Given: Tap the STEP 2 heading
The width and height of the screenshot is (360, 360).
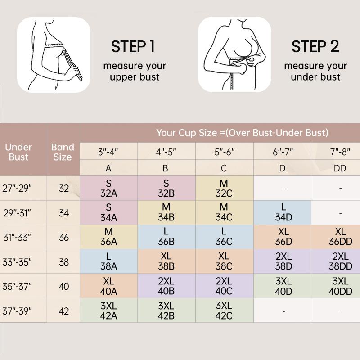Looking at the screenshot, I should click(x=315, y=46).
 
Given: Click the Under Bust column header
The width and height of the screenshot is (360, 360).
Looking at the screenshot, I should click(x=18, y=152).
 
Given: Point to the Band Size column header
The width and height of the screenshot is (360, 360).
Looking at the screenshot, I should click(x=63, y=152).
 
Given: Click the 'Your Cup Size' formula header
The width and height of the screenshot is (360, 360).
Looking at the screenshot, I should click(x=242, y=133).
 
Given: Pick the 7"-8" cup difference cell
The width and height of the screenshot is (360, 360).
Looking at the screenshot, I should click(x=340, y=152).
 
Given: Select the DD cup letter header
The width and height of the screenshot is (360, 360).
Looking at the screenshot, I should click(x=340, y=168).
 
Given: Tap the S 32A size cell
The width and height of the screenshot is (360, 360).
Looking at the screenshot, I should click(x=109, y=188).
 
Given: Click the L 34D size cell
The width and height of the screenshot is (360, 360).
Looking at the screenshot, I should click(x=282, y=213).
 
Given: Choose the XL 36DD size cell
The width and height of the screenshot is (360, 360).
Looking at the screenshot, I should click(x=340, y=237).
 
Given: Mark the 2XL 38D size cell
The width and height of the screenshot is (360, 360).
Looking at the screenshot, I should click(x=282, y=261).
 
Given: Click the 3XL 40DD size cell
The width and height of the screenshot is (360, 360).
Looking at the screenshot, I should click(x=340, y=286).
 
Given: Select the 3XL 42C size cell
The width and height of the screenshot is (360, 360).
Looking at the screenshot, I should click(x=224, y=310).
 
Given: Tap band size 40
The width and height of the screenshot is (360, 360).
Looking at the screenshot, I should click(x=64, y=286).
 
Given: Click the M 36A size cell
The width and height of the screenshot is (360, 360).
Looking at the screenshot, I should click(x=109, y=237).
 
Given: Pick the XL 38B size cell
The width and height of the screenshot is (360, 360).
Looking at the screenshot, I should click(x=166, y=261).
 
